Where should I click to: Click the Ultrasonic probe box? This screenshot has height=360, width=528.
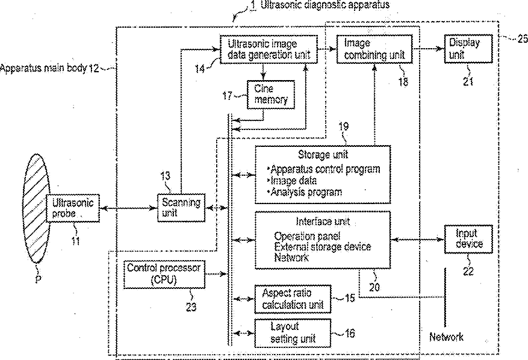pos(73,208)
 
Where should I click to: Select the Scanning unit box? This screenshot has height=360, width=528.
pos(181,208)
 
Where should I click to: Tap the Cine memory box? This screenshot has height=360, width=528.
pos(271,95)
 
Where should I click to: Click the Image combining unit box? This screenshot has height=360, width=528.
pos(374,49)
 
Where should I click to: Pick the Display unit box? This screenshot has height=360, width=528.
pos(468,49)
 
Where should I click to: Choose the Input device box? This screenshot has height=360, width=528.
pos(468,239)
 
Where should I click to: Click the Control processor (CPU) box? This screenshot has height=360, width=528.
pos(164,274)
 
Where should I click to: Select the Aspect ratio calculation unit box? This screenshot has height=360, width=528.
pos(293,299)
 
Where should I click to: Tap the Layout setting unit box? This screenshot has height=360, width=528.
pos(293,333)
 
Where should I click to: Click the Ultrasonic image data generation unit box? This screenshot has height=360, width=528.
pos(269,49)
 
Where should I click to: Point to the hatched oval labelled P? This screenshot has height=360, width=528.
pos(36,208)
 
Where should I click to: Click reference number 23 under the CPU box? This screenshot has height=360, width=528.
pos(191,307)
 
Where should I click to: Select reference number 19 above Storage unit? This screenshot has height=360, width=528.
pos(343,126)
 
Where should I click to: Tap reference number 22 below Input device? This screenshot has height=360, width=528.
pos(468,271)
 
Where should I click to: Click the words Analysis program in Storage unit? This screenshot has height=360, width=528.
pos(306,192)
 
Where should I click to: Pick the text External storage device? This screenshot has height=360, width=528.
pos(323,246)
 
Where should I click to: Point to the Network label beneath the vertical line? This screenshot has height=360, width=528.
pos(447,337)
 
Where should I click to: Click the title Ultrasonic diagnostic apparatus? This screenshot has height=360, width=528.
pos(325,5)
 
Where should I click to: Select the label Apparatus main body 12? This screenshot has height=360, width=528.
pos(49,68)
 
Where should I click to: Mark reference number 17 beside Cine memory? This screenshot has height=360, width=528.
pos(228,96)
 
